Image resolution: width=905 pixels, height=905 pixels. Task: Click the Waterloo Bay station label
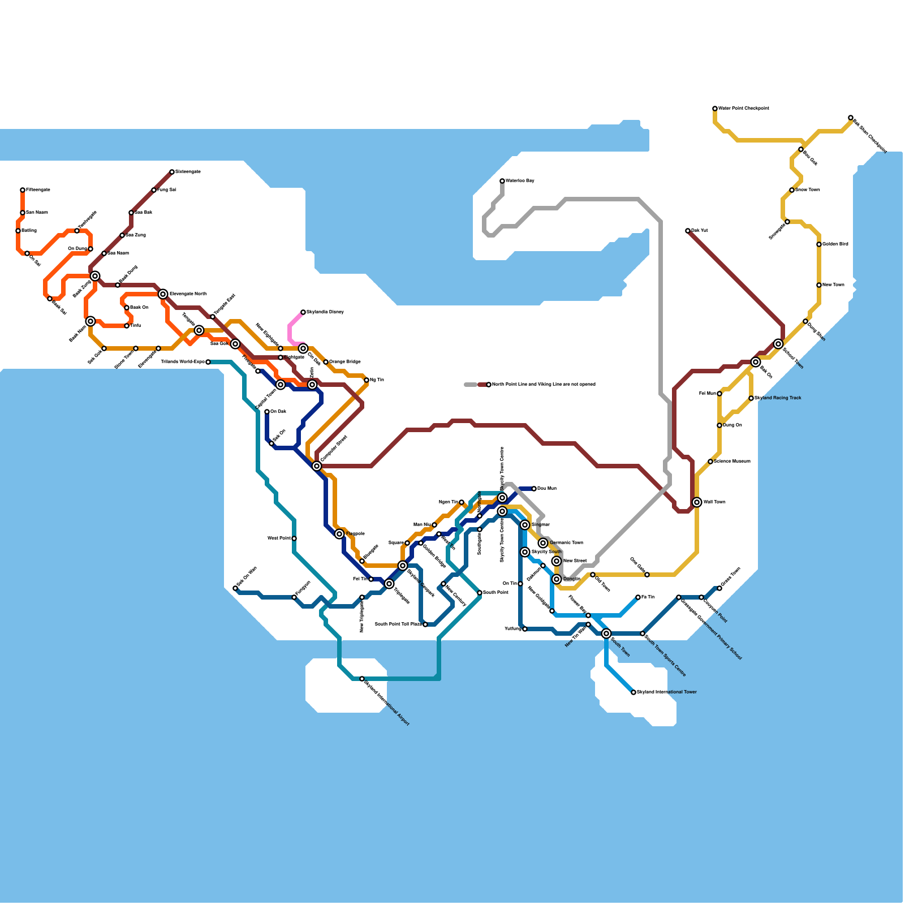519,181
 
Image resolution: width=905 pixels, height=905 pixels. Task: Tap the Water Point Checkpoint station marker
715,109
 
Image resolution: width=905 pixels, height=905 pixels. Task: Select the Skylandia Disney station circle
303,312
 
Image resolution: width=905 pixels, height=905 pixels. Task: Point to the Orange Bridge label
344,362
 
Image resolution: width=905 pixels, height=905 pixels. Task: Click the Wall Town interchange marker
697,502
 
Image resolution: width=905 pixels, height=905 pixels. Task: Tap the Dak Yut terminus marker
688,231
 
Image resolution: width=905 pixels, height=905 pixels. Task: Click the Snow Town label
807,190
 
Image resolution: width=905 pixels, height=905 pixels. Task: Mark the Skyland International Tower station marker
633,692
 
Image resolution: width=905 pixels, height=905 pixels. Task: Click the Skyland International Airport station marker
362,679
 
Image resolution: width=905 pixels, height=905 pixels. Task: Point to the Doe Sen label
546,489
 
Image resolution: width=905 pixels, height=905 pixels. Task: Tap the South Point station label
495,593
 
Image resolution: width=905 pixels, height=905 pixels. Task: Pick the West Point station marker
294,538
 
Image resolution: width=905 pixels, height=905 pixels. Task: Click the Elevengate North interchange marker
163,294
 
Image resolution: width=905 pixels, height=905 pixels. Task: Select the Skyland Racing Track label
778,398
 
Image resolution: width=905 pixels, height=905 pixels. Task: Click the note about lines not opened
543,385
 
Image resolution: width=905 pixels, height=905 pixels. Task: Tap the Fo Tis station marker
638,597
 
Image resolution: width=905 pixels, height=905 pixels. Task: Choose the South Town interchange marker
606,633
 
